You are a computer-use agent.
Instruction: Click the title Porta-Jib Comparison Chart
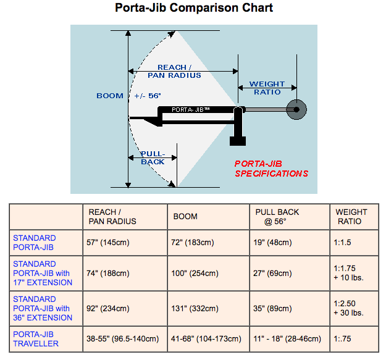tap(194, 9)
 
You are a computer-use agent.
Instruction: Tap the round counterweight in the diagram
tap(297, 110)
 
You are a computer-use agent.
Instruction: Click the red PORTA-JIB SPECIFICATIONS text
tap(271, 169)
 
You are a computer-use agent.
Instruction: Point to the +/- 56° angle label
tap(147, 96)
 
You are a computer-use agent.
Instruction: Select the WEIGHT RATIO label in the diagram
tap(267, 88)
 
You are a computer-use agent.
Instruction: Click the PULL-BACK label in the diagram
tap(153, 157)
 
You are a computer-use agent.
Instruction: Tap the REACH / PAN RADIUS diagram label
tap(174, 71)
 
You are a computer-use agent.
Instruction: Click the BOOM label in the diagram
tap(110, 96)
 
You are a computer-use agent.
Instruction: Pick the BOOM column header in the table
tap(185, 216)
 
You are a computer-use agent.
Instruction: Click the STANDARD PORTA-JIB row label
tap(35, 242)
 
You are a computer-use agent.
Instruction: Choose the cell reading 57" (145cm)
tap(109, 243)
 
